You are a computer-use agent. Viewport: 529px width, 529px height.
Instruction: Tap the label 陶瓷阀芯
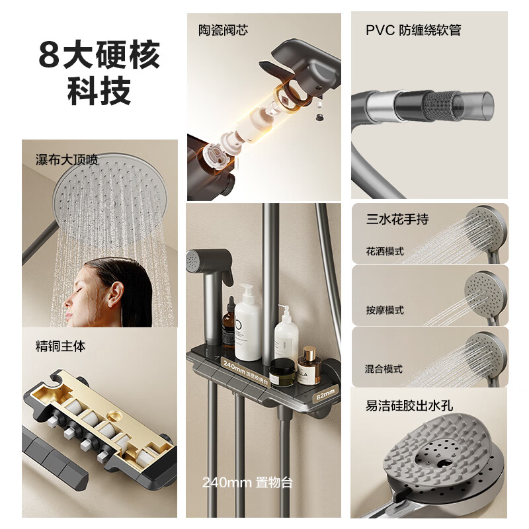[x=224, y=30]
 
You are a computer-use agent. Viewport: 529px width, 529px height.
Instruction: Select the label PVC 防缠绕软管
[x=413, y=30]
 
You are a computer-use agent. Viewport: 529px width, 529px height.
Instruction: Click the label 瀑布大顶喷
[x=66, y=159]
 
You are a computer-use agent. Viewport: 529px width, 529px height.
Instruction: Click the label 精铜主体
[x=60, y=345]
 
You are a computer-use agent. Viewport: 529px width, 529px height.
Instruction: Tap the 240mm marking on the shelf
[x=235, y=364]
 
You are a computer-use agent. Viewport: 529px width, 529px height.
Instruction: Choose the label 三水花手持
[x=397, y=219]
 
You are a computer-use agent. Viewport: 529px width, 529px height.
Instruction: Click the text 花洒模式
[x=384, y=251]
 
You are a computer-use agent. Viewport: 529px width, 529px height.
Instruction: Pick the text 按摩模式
[x=384, y=310]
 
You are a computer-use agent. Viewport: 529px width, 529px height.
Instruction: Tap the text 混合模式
[x=384, y=369]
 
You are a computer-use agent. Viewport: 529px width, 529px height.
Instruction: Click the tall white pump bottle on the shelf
[x=248, y=323]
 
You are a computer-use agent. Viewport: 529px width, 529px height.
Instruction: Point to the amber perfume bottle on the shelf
[x=307, y=367]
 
